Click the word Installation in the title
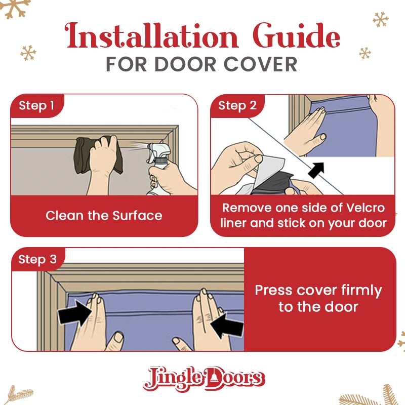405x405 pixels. pos(151,35)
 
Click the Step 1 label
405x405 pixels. pos(36,105)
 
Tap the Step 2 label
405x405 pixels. pos(237,105)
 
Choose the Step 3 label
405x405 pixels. pos(37,259)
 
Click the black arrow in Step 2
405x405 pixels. pos(316,170)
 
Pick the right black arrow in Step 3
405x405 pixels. pos(227,326)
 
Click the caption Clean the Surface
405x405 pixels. pos(104,216)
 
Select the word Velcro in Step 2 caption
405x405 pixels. pos(365,208)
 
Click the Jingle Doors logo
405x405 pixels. pos(204,378)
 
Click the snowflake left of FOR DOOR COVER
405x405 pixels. pos(28,53)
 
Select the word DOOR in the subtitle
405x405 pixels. pos(185,64)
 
